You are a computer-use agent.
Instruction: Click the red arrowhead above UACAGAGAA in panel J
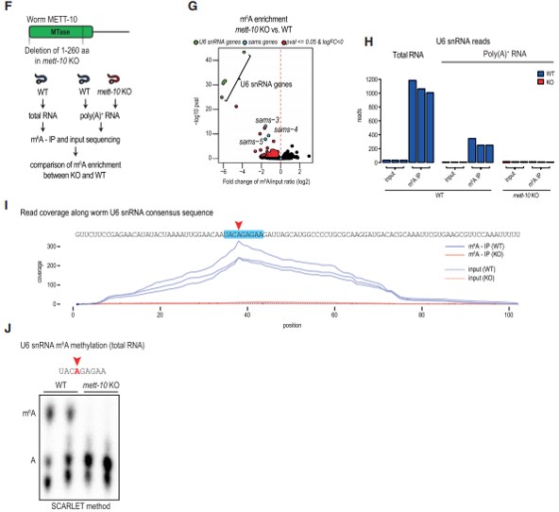pos(75,349)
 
